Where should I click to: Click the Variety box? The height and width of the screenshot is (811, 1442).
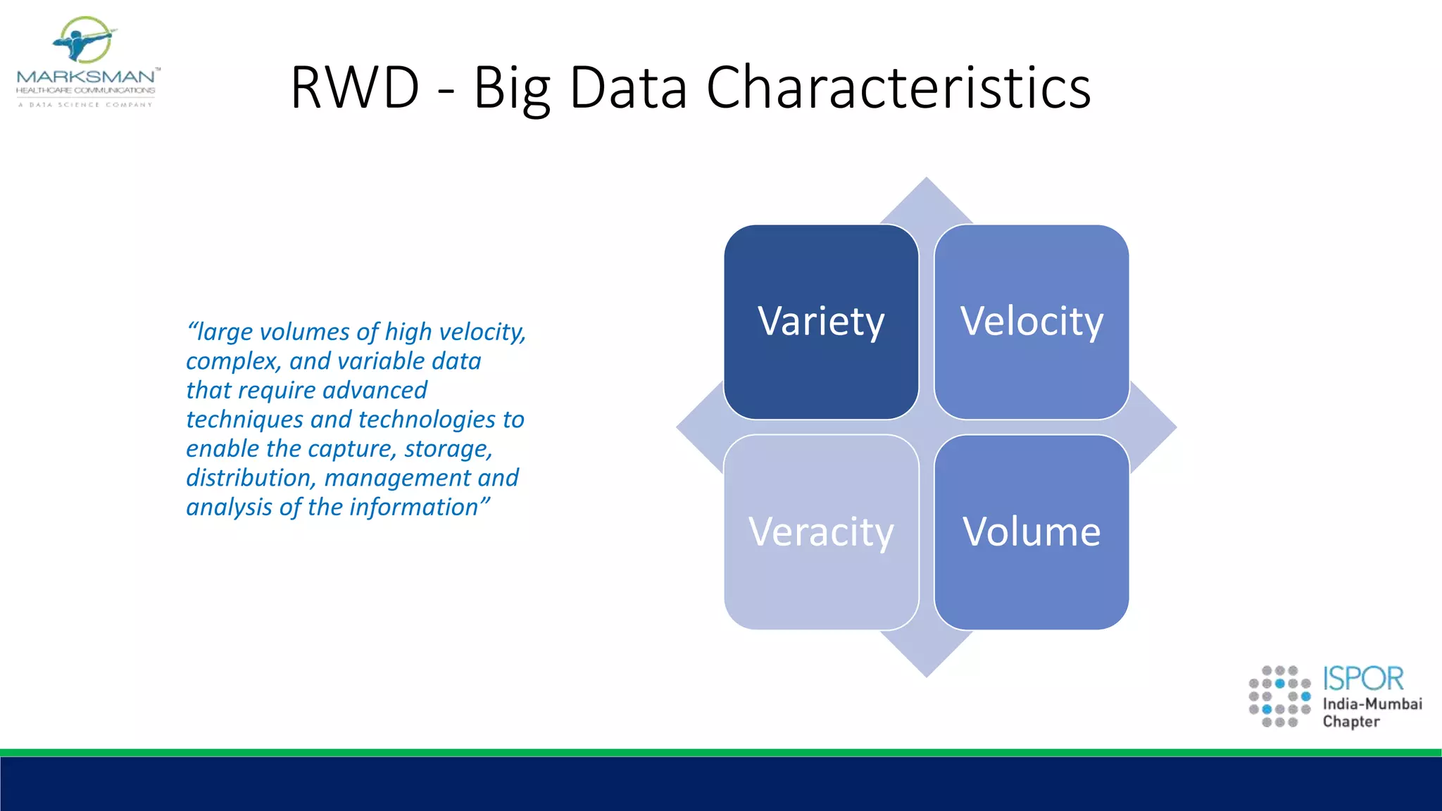click(x=821, y=322)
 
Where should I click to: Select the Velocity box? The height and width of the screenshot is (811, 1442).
click(x=1032, y=322)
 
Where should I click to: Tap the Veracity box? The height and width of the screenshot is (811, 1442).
click(x=821, y=532)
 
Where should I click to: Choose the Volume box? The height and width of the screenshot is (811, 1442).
click(x=1032, y=532)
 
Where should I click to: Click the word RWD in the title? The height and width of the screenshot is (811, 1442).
click(x=355, y=88)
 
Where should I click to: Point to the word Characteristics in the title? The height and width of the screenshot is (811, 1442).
click(x=898, y=88)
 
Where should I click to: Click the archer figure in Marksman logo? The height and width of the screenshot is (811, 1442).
click(x=83, y=41)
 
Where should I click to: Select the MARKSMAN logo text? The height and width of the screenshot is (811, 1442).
click(x=86, y=76)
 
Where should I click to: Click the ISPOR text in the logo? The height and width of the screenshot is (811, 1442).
click(x=1363, y=679)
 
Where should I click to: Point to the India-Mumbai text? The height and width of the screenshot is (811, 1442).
click(x=1372, y=704)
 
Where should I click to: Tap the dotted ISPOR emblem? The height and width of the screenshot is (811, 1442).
click(x=1279, y=696)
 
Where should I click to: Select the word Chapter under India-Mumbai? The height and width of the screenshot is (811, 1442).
click(x=1351, y=722)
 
